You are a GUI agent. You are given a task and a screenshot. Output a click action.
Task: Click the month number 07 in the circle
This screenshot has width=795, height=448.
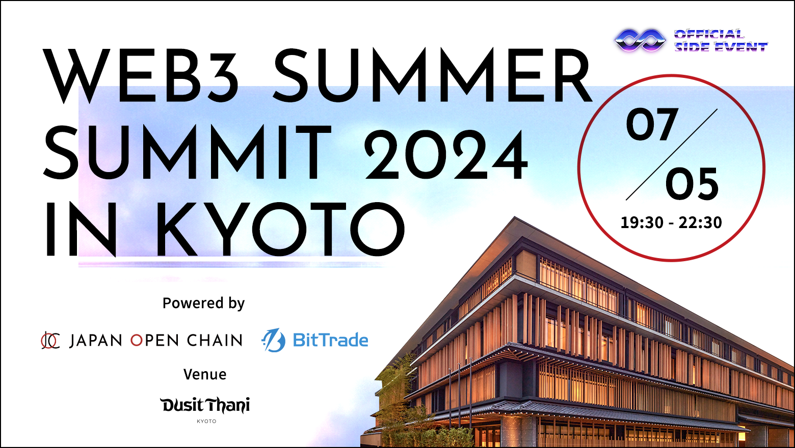tap(652, 125)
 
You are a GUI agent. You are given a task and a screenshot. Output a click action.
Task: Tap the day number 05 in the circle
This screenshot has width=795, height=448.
tap(692, 184)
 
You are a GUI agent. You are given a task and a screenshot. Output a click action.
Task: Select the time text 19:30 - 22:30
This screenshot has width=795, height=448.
tap(671, 222)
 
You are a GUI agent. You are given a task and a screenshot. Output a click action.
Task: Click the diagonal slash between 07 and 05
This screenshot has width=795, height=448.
tap(672, 154)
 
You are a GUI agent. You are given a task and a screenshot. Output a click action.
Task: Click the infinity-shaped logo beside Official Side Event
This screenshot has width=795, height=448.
tap(640, 40)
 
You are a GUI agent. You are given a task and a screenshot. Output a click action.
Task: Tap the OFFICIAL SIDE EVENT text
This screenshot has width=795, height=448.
tap(720, 41)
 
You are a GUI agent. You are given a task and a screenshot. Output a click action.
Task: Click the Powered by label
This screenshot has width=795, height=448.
tap(203, 303)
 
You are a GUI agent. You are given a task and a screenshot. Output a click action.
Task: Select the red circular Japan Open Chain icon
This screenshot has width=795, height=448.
tap(50, 340)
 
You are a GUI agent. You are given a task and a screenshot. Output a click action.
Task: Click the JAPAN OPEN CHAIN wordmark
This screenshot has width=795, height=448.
tap(156, 340)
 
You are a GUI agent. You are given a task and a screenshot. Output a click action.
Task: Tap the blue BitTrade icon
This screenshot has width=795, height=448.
tap(274, 340)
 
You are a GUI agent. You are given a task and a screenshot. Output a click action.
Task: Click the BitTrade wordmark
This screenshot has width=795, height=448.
tap(330, 340)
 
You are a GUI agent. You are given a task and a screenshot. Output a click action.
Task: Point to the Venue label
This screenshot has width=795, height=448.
tap(205, 375)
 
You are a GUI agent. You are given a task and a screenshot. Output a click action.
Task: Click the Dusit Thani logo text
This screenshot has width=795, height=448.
tap(205, 405)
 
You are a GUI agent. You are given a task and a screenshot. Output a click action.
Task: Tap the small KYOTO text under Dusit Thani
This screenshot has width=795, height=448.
tap(206, 422)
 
